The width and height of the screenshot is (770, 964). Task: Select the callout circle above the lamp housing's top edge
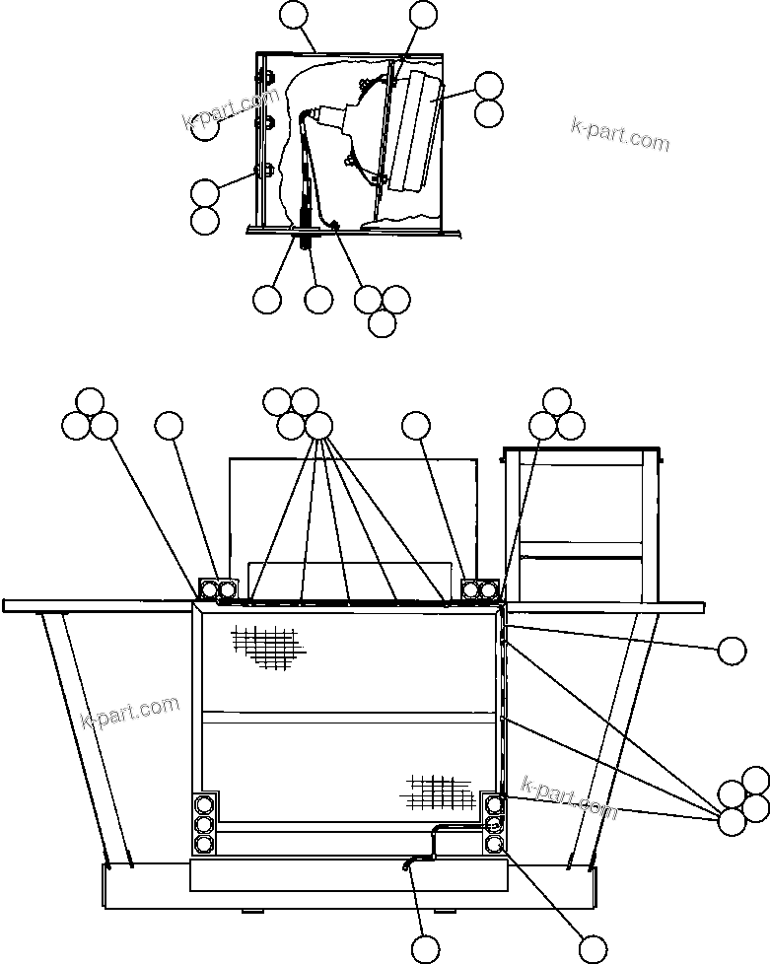[294, 15]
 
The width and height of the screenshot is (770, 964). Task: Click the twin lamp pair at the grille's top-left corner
[218, 590]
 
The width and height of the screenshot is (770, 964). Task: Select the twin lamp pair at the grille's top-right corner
[480, 590]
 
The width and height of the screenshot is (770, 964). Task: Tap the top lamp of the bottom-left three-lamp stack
[204, 802]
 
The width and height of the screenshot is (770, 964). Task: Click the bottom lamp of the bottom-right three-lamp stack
[495, 844]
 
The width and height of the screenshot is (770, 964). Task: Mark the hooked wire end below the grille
[408, 865]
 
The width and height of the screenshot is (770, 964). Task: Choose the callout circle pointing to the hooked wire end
[425, 948]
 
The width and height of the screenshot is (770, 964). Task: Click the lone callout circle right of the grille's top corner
[732, 651]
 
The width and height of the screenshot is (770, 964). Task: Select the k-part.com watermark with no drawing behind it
[619, 135]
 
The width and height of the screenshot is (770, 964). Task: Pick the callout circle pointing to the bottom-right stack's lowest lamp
[593, 948]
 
